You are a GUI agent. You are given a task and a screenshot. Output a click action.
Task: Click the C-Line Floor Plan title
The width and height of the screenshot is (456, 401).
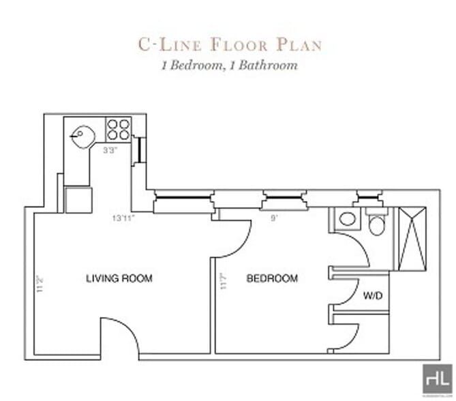point(230,45)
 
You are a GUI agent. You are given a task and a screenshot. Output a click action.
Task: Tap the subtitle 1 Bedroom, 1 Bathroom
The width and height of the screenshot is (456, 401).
point(229,66)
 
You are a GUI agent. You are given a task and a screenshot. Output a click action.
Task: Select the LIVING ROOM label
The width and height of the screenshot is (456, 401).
point(119,278)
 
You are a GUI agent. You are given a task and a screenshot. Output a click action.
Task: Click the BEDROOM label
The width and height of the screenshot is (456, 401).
point(272,278)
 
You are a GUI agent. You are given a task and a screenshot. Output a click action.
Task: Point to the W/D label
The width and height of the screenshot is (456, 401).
point(371,296)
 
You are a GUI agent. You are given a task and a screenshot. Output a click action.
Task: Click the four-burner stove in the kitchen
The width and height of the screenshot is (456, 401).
point(119,129)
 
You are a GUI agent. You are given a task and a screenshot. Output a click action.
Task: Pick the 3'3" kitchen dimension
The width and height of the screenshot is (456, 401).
point(110,151)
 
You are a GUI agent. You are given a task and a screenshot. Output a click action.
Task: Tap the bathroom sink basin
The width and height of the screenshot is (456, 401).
point(347,220)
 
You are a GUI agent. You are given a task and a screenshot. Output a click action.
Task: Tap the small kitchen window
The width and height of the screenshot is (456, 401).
point(139,149)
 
